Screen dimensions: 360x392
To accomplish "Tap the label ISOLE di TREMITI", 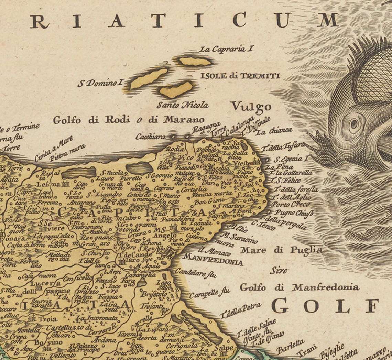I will (x=240, y=76).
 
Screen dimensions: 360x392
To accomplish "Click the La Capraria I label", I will (x=227, y=49).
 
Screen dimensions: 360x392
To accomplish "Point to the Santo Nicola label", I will (x=182, y=105).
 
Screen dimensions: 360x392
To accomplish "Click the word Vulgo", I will (x=251, y=107).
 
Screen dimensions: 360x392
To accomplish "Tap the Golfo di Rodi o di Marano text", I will (x=129, y=120).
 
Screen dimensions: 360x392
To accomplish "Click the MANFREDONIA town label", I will (x=213, y=259).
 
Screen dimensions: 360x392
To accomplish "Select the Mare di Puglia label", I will (x=281, y=250).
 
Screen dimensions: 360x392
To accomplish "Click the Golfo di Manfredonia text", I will (x=299, y=287).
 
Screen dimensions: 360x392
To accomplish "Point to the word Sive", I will (x=278, y=270).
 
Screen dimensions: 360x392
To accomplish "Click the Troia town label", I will (x=47, y=319).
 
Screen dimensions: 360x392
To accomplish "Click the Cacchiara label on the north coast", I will (x=150, y=137).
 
